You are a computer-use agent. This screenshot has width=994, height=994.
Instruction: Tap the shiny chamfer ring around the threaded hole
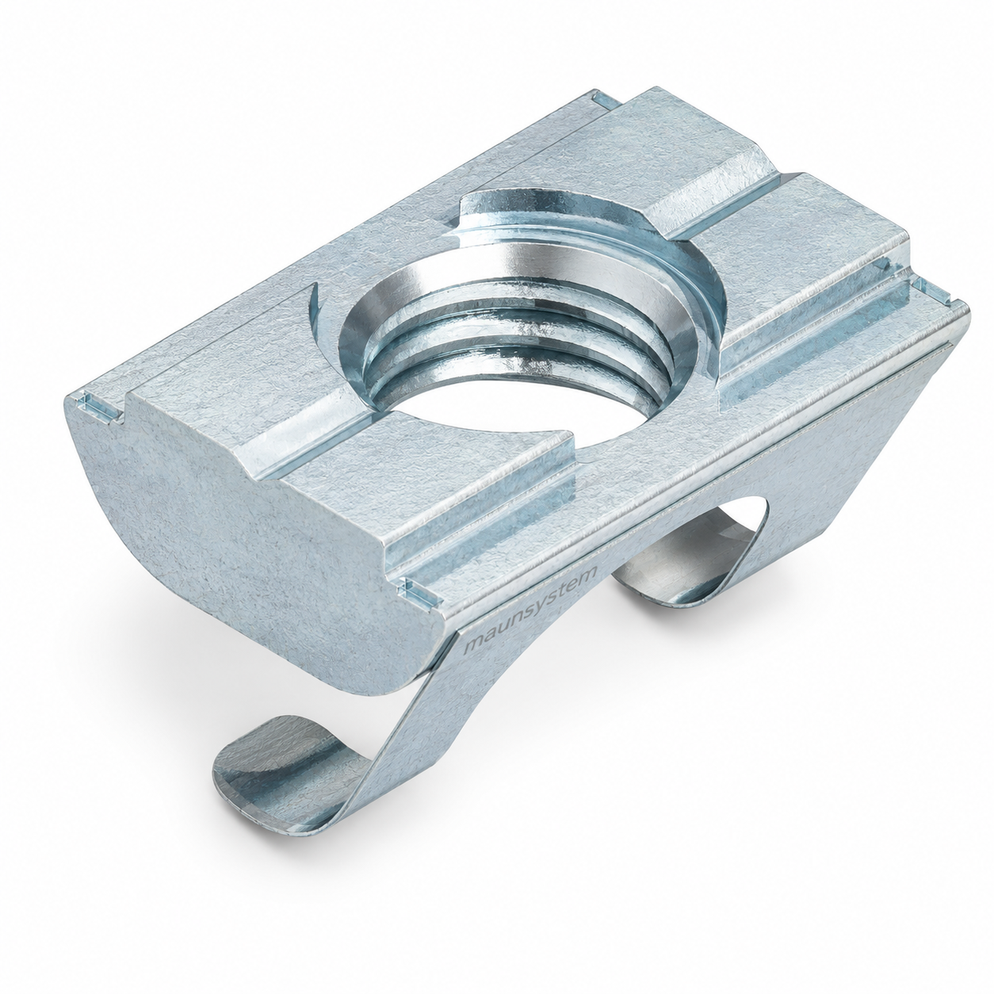click(x=516, y=289)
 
